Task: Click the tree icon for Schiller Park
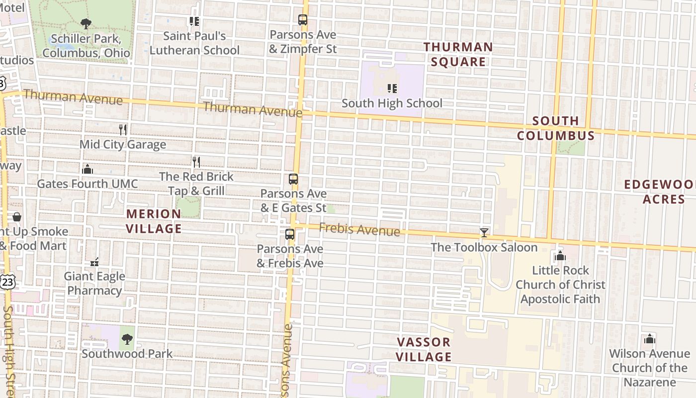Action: [x=86, y=23]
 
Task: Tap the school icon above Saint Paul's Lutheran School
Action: [x=194, y=21]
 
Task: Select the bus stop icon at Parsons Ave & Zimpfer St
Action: [x=303, y=20]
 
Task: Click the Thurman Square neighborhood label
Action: [x=458, y=54]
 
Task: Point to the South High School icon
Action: [x=392, y=89]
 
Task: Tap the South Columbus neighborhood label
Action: [x=555, y=128]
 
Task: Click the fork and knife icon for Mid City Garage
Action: [x=123, y=130]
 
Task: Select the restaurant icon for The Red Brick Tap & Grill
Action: [x=196, y=162]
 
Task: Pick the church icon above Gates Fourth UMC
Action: [x=87, y=169]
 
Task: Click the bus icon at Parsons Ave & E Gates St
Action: [x=293, y=179]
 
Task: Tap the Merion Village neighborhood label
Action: [x=154, y=221]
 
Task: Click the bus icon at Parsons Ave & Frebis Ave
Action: [x=290, y=234]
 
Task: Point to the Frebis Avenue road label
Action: [x=359, y=230]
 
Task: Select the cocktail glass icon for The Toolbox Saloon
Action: [x=484, y=232]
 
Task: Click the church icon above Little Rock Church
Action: [x=560, y=256]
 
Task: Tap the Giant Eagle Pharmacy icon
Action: [x=94, y=262]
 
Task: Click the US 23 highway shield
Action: [x=8, y=282]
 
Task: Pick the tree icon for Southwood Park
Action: [x=127, y=339]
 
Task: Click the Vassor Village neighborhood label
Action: [x=424, y=349]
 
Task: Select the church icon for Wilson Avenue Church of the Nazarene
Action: [x=649, y=339]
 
